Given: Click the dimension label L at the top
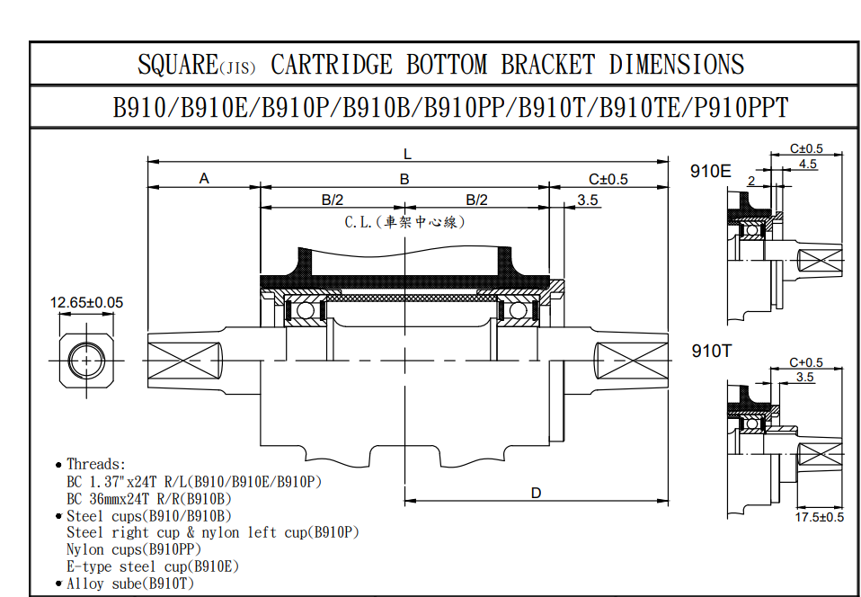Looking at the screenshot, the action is pos(407,155).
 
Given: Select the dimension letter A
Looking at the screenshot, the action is pos(204,179).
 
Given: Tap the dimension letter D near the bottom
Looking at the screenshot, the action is pos(536,494).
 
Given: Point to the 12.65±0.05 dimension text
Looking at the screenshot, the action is pos(87,303).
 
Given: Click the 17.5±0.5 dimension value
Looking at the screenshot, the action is pos(820,517).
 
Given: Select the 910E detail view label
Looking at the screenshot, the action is pos(711,172).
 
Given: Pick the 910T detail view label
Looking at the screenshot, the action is pos(712,351).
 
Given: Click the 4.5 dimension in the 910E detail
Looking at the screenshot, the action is pos(807,164).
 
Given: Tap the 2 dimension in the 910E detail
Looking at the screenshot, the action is pos(751,180).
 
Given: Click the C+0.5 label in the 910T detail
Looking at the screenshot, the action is pos(806,362).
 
